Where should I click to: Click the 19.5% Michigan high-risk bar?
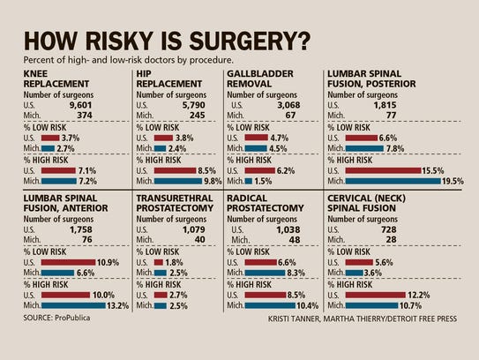[406, 182]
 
